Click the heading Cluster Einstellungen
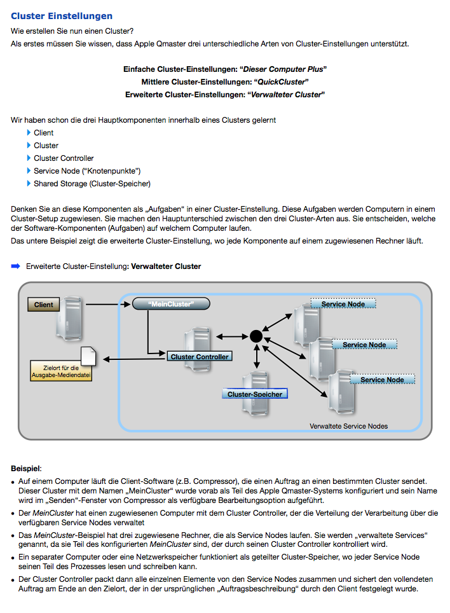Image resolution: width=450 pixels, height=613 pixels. pos(62,16)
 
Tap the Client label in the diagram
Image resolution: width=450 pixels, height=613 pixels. pos(43,305)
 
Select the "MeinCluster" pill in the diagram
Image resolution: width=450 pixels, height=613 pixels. pos(170,304)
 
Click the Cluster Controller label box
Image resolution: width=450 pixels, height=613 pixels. pos(199,357)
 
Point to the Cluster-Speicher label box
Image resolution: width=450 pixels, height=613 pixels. pos(255,394)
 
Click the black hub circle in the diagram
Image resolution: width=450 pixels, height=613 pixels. pos(256,336)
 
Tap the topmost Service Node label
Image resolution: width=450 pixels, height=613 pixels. pos(343,304)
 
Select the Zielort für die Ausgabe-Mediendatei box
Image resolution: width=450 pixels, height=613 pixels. pos(61,371)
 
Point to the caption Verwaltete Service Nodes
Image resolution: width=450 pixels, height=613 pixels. pos(348,426)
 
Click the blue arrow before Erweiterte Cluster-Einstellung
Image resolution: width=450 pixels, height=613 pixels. pos(16,266)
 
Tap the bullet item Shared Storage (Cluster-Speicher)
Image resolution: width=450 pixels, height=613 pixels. pos(92,184)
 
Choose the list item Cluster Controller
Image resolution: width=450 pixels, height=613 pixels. pos(64,158)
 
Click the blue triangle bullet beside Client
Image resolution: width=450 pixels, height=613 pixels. pos(29,133)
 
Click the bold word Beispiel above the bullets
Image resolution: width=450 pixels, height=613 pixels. pos(25,468)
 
